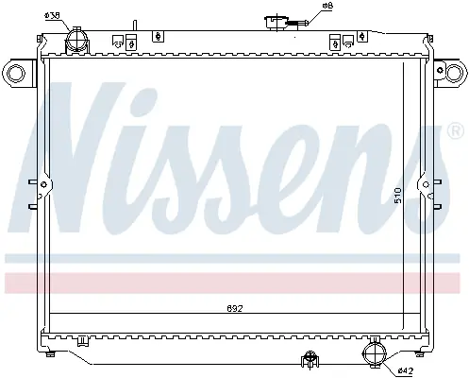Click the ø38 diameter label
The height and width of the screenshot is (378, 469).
(x=52, y=15)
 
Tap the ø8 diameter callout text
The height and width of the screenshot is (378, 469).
(x=327, y=6)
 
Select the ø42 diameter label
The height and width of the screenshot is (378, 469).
(x=405, y=370)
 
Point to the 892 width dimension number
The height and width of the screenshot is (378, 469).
(x=235, y=308)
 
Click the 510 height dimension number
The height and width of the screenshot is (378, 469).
(x=398, y=196)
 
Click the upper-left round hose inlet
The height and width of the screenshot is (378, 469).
(x=76, y=39)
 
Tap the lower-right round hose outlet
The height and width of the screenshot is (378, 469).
(x=375, y=354)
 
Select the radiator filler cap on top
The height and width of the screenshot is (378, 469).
(x=277, y=23)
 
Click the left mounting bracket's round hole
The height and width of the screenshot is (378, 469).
(x=15, y=73)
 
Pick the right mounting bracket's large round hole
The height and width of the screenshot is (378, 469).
(x=455, y=73)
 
